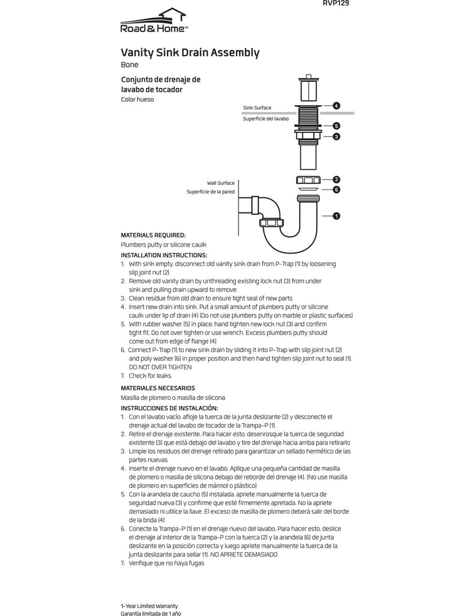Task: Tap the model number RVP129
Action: [x=336, y=3]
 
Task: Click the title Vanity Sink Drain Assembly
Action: [x=190, y=53]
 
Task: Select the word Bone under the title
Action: [x=130, y=65]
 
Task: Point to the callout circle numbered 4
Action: [x=336, y=106]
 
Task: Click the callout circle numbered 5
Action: [x=336, y=126]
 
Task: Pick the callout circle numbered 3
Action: [x=336, y=137]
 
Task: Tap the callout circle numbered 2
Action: [x=336, y=179]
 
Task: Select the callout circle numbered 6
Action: [x=336, y=189]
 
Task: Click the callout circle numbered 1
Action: [x=336, y=215]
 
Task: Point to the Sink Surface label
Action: [x=257, y=108]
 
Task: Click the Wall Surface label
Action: [x=221, y=183]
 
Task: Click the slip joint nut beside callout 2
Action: [x=307, y=180]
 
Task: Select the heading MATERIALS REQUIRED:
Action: [x=153, y=235]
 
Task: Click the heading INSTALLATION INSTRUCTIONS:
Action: [x=164, y=255]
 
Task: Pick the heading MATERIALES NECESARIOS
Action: [x=158, y=388]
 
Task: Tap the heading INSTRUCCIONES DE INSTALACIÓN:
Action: [x=169, y=408]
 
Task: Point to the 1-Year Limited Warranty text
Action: [x=150, y=605]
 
